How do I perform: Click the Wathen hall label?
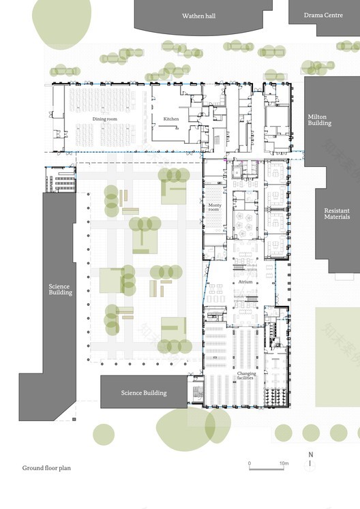[x=198, y=15]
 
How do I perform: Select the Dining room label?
[x=105, y=119]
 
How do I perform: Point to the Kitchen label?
[x=171, y=119]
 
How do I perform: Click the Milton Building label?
[x=319, y=120]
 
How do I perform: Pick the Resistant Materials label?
[x=337, y=213]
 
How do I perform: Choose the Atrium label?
[x=245, y=281]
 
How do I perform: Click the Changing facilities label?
[x=247, y=376]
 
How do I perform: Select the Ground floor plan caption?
[x=46, y=468]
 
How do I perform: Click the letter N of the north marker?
[x=310, y=454]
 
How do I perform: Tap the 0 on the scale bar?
[x=250, y=463]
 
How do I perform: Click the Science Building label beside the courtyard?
[x=60, y=290]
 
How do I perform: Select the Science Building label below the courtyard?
[x=143, y=392]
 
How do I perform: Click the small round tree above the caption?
[x=104, y=434]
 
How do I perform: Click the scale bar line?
[x=267, y=469]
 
